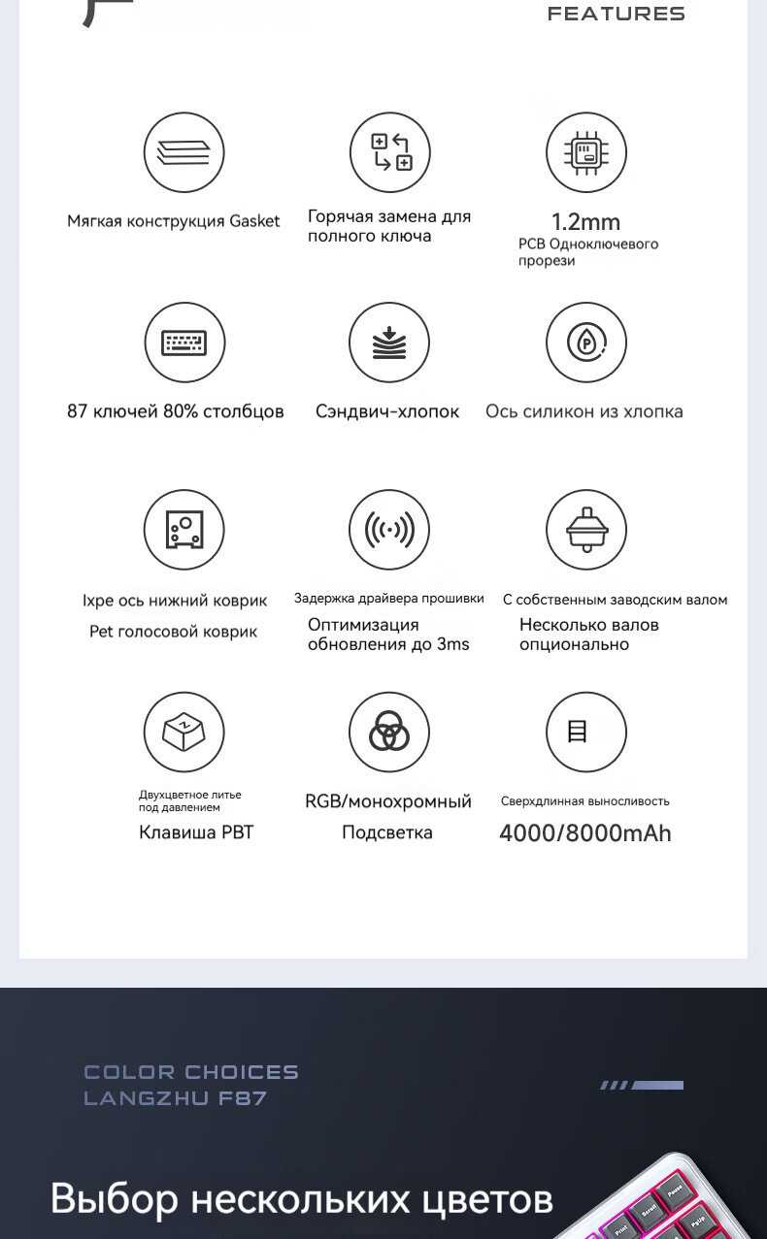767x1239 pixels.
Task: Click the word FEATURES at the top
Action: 616,14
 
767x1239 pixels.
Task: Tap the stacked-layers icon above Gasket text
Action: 183,152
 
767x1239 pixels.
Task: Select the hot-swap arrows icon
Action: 389,152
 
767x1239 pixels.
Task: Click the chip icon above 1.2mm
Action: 585,152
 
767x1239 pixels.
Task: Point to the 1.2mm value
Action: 585,222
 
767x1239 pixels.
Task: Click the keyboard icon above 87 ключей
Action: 183,342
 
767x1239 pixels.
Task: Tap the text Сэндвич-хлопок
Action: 387,411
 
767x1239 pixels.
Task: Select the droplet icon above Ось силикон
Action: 585,342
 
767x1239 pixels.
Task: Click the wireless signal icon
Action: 389,530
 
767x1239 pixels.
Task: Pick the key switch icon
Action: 585,530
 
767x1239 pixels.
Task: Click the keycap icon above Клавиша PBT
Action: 183,732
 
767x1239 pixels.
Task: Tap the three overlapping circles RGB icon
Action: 389,732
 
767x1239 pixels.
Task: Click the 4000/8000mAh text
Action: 584,833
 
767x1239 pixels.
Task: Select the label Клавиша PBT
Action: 196,832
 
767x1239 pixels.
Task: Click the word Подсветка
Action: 387,832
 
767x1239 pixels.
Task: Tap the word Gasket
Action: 254,221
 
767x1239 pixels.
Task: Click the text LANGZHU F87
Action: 175,1098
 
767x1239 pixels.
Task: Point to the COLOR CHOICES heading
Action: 191,1072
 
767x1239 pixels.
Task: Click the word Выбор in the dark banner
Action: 115,1199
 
